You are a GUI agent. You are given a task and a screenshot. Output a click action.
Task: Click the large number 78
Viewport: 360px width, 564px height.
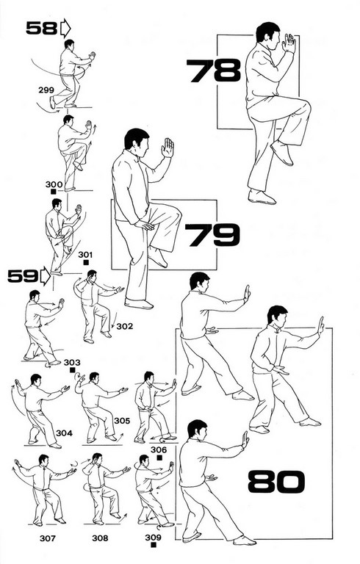click(x=214, y=70)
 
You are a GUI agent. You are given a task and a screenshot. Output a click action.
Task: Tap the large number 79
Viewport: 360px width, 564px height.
click(x=212, y=235)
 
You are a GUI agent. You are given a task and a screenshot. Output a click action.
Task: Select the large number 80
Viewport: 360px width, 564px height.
click(x=276, y=481)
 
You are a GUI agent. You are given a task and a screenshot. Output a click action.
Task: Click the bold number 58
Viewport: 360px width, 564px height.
click(x=41, y=28)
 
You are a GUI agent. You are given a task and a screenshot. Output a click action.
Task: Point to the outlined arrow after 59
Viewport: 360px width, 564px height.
click(x=46, y=276)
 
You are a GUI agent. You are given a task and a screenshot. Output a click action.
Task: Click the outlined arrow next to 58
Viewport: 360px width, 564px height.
click(x=65, y=29)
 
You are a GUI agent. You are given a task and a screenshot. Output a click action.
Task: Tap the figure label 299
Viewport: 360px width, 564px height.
click(x=46, y=90)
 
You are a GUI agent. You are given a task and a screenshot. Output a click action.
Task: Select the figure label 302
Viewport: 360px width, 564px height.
click(x=125, y=326)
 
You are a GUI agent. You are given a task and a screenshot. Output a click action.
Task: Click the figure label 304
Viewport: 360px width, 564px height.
click(x=64, y=433)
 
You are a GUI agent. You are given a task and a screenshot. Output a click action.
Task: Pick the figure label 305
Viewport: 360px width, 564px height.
click(x=122, y=421)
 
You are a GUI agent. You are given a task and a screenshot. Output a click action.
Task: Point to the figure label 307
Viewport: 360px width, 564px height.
click(x=48, y=538)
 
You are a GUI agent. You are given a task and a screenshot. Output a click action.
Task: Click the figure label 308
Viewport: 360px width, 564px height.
click(x=100, y=538)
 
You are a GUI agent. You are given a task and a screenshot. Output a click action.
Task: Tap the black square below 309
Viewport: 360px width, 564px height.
click(x=154, y=545)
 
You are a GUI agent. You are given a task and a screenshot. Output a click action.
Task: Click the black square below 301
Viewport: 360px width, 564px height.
click(x=86, y=262)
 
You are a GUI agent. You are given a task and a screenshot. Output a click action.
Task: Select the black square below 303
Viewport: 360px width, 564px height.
click(x=72, y=370)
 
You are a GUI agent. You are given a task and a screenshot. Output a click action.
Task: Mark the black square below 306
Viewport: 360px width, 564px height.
click(x=159, y=458)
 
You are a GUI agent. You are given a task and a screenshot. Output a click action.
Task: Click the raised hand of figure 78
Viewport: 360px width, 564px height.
click(x=289, y=43)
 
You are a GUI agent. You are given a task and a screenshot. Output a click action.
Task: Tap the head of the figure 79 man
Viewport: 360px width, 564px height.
click(x=137, y=141)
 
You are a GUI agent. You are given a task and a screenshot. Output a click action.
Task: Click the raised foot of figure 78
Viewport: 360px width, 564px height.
click(x=282, y=153)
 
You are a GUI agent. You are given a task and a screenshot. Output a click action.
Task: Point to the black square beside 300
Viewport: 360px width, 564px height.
click(x=53, y=192)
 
